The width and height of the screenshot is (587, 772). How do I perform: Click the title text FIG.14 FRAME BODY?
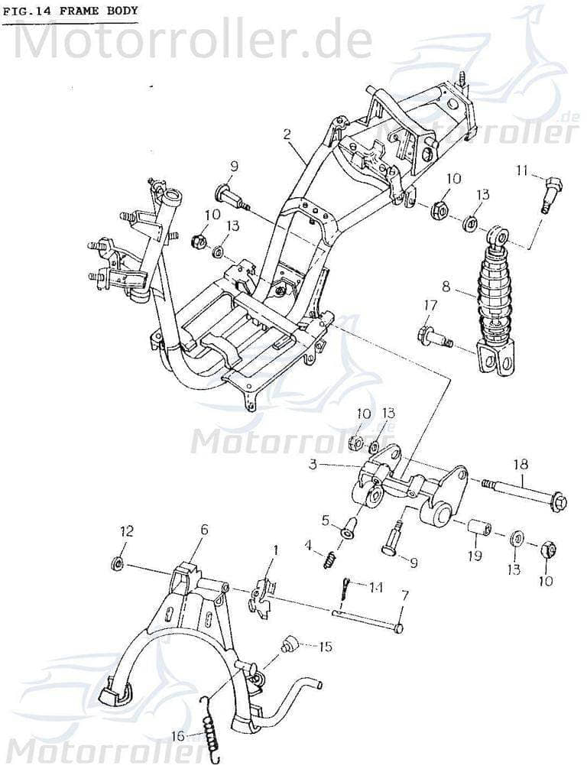click(x=70, y=11)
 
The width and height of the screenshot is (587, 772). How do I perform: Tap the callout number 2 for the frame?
click(x=287, y=135)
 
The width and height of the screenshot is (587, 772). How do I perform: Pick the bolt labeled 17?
click(x=433, y=336)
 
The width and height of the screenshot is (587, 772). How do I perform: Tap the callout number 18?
click(x=521, y=464)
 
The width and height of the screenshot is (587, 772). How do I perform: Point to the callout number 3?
click(x=313, y=464)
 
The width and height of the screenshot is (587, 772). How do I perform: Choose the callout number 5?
click(x=325, y=521)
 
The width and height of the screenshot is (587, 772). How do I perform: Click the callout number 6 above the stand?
click(x=203, y=528)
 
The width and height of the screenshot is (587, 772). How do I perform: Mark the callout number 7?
click(x=405, y=594)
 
